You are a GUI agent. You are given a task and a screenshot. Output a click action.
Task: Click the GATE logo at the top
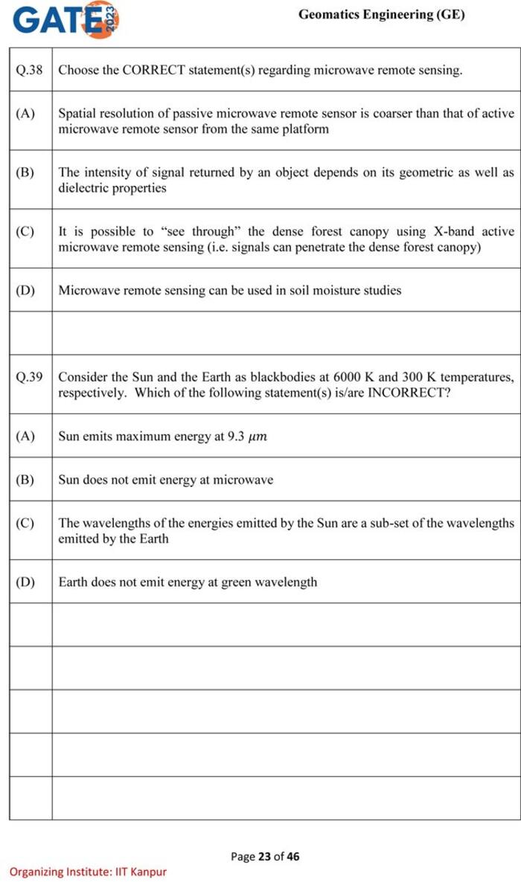point(65,20)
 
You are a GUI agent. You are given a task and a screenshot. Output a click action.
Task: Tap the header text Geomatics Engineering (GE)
point(381,14)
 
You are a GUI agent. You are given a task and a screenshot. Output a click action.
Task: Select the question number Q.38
point(30,70)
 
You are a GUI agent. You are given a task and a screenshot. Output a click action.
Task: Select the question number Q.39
point(30,377)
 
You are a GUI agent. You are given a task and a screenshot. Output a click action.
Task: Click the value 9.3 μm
point(247,437)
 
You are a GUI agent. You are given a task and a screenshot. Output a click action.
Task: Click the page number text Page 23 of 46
point(265,856)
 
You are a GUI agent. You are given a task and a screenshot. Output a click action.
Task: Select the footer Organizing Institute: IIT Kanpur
point(88,872)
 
